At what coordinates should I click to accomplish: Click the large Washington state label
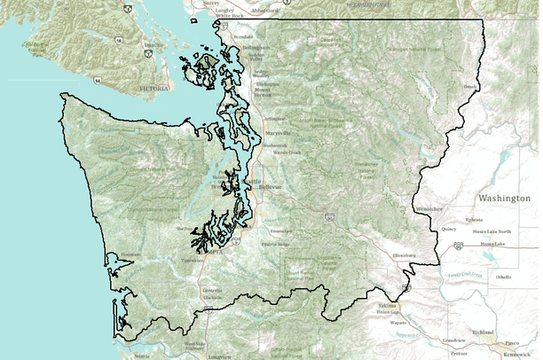click(503, 198)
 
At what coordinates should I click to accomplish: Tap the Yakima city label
click(388, 303)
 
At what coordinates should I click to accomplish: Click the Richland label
click(483, 332)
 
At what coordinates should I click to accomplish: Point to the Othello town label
click(504, 277)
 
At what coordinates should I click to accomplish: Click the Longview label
click(221, 356)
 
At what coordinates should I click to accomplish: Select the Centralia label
click(213, 291)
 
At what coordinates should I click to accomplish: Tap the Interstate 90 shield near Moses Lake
click(459, 246)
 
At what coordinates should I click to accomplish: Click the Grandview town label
click(455, 340)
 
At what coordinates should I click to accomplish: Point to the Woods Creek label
click(287, 152)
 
